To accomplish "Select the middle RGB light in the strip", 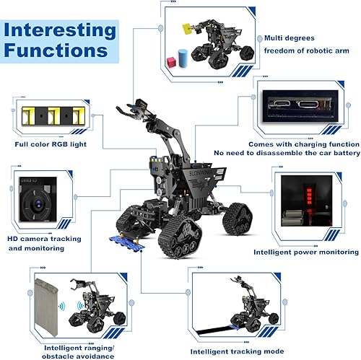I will coord(53,115).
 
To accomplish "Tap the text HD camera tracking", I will coord(48,239).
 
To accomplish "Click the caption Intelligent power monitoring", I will coord(305,253).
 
